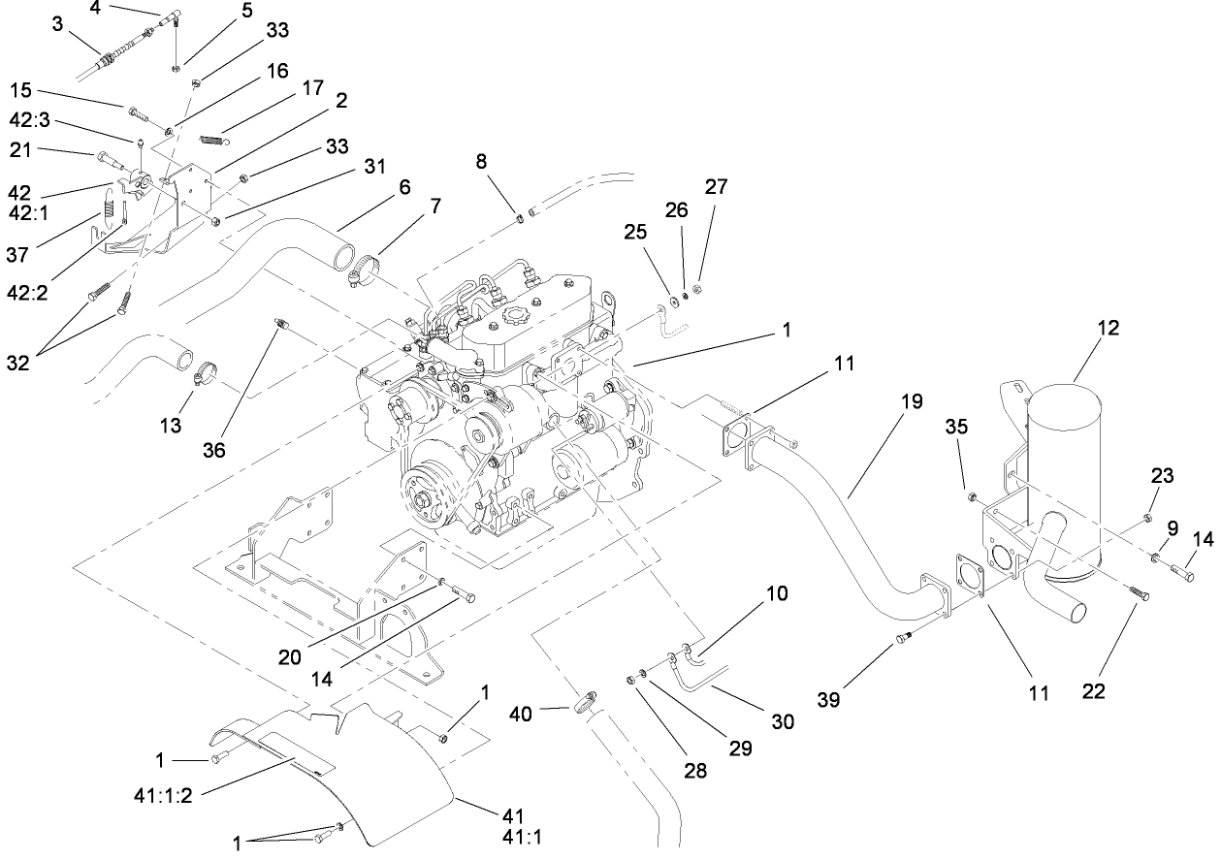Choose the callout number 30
[x=782, y=721]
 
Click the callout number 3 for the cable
[x=58, y=24]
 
